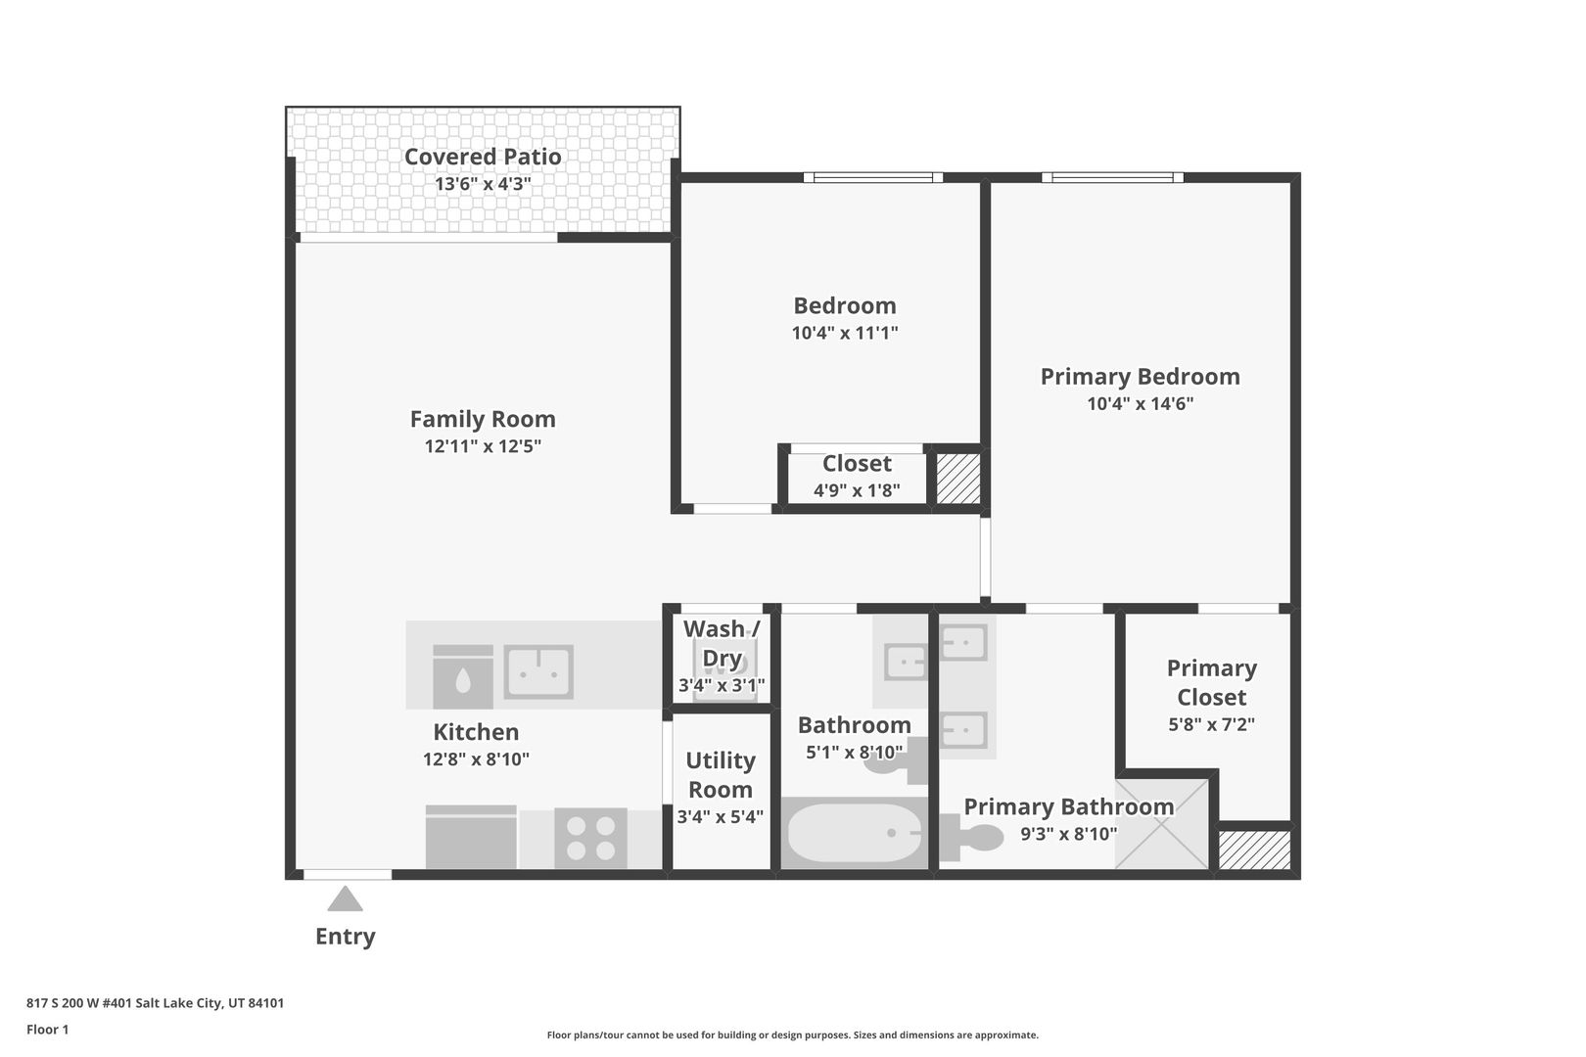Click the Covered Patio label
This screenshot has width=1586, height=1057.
click(483, 157)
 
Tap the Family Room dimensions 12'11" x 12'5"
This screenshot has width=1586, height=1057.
click(483, 446)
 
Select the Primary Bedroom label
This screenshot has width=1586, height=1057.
click(1140, 377)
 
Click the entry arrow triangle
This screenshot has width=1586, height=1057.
click(345, 898)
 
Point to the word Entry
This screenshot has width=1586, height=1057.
click(345, 937)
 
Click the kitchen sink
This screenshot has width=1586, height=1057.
click(538, 671)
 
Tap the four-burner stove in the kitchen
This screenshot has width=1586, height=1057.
click(590, 838)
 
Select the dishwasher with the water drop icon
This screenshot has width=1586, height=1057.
click(463, 676)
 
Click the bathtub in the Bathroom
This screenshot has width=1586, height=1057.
click(855, 833)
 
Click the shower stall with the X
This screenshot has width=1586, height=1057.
click(1162, 823)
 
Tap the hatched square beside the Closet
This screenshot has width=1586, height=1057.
click(958, 479)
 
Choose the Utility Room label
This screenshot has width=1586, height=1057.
click(721, 774)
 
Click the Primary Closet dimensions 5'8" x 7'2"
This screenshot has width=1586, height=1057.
click(1211, 724)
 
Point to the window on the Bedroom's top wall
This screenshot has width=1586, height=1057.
click(873, 177)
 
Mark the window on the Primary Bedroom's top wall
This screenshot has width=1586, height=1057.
click(1112, 177)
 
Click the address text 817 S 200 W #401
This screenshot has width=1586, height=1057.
click(79, 1002)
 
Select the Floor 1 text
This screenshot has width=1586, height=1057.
click(47, 1030)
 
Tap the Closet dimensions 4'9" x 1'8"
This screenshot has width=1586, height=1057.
click(857, 490)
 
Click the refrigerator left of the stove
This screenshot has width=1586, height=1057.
click(471, 837)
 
